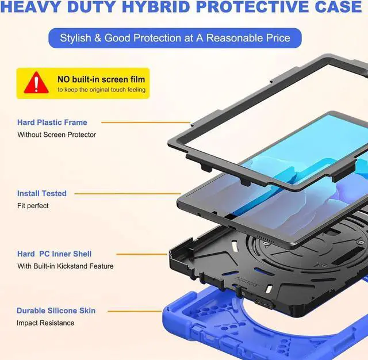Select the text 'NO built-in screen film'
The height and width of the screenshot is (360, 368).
click(x=101, y=79)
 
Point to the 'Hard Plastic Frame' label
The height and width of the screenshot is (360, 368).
click(x=52, y=122)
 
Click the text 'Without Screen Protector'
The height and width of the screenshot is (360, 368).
click(x=56, y=135)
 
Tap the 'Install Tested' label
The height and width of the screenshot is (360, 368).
click(x=42, y=194)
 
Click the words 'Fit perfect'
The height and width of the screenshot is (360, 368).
click(x=33, y=206)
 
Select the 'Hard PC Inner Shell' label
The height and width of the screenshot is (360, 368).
click(x=55, y=254)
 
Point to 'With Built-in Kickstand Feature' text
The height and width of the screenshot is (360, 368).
click(x=65, y=266)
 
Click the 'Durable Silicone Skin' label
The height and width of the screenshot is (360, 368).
click(x=56, y=311)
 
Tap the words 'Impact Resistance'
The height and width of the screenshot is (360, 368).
click(x=45, y=323)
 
